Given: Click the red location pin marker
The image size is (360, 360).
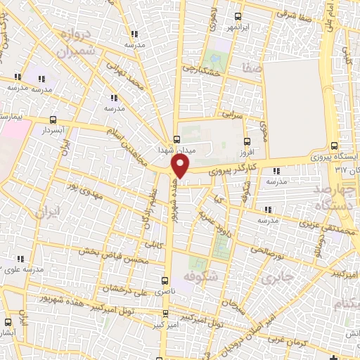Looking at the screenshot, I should (181, 166).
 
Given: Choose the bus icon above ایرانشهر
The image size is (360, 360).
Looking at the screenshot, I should (238, 16).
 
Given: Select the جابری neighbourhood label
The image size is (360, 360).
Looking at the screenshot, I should (277, 280).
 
